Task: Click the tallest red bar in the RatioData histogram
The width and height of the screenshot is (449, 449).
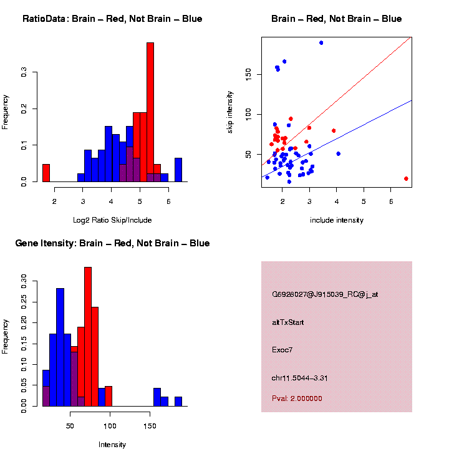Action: click(150, 112)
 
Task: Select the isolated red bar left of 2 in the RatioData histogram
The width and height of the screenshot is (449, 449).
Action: click(46, 173)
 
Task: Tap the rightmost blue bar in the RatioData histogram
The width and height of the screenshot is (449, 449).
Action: click(178, 170)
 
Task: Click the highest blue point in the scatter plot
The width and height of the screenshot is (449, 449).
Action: click(321, 42)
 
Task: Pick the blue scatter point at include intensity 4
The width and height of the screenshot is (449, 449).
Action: click(338, 153)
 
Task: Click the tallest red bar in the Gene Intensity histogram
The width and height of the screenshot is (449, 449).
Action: click(88, 337)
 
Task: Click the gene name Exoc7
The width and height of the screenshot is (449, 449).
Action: click(282, 350)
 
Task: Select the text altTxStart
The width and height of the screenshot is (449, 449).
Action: click(288, 322)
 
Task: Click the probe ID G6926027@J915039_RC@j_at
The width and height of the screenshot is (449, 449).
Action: click(324, 294)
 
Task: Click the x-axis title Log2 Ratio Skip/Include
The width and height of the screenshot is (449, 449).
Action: click(112, 220)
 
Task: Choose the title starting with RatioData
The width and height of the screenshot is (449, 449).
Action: click(112, 19)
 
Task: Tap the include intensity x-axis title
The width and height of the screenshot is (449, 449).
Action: click(337, 220)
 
